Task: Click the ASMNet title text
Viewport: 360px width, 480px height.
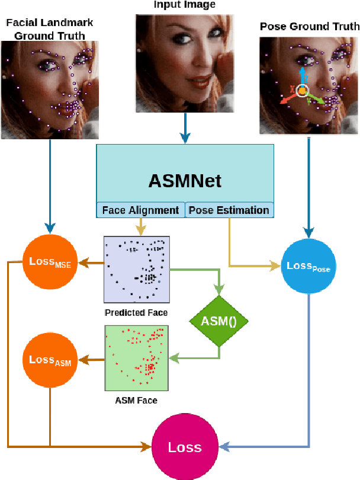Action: coord(185,180)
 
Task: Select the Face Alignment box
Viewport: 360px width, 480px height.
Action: coord(140,210)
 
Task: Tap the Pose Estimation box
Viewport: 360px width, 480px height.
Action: coord(229,210)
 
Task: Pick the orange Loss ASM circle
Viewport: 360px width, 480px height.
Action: coord(50,360)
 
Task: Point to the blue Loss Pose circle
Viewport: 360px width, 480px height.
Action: coord(308,267)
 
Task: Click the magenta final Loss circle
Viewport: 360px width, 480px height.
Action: coord(184,447)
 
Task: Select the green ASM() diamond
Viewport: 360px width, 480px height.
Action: coord(218,322)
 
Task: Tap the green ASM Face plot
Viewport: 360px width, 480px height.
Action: coord(136,357)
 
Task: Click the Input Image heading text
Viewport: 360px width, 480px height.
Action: coord(185,5)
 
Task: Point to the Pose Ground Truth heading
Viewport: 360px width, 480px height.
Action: coord(309,27)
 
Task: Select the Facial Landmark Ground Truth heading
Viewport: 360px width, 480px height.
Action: coord(50,29)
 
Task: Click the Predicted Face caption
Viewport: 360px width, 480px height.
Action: coord(136,313)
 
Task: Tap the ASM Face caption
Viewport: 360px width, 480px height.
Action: coord(136,401)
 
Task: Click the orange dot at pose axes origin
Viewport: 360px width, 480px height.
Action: coord(302,91)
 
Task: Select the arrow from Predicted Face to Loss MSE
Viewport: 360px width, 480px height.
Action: coord(89,264)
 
